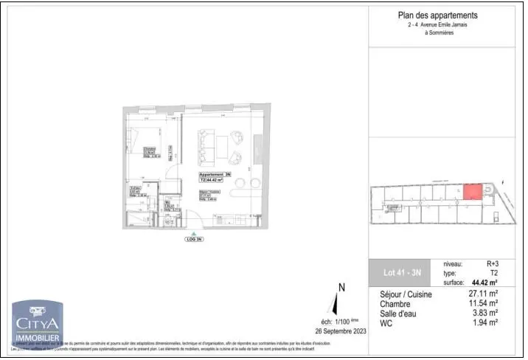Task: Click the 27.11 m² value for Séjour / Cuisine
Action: click(x=484, y=294)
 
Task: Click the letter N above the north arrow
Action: click(x=341, y=288)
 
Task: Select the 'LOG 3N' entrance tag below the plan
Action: click(x=194, y=240)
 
